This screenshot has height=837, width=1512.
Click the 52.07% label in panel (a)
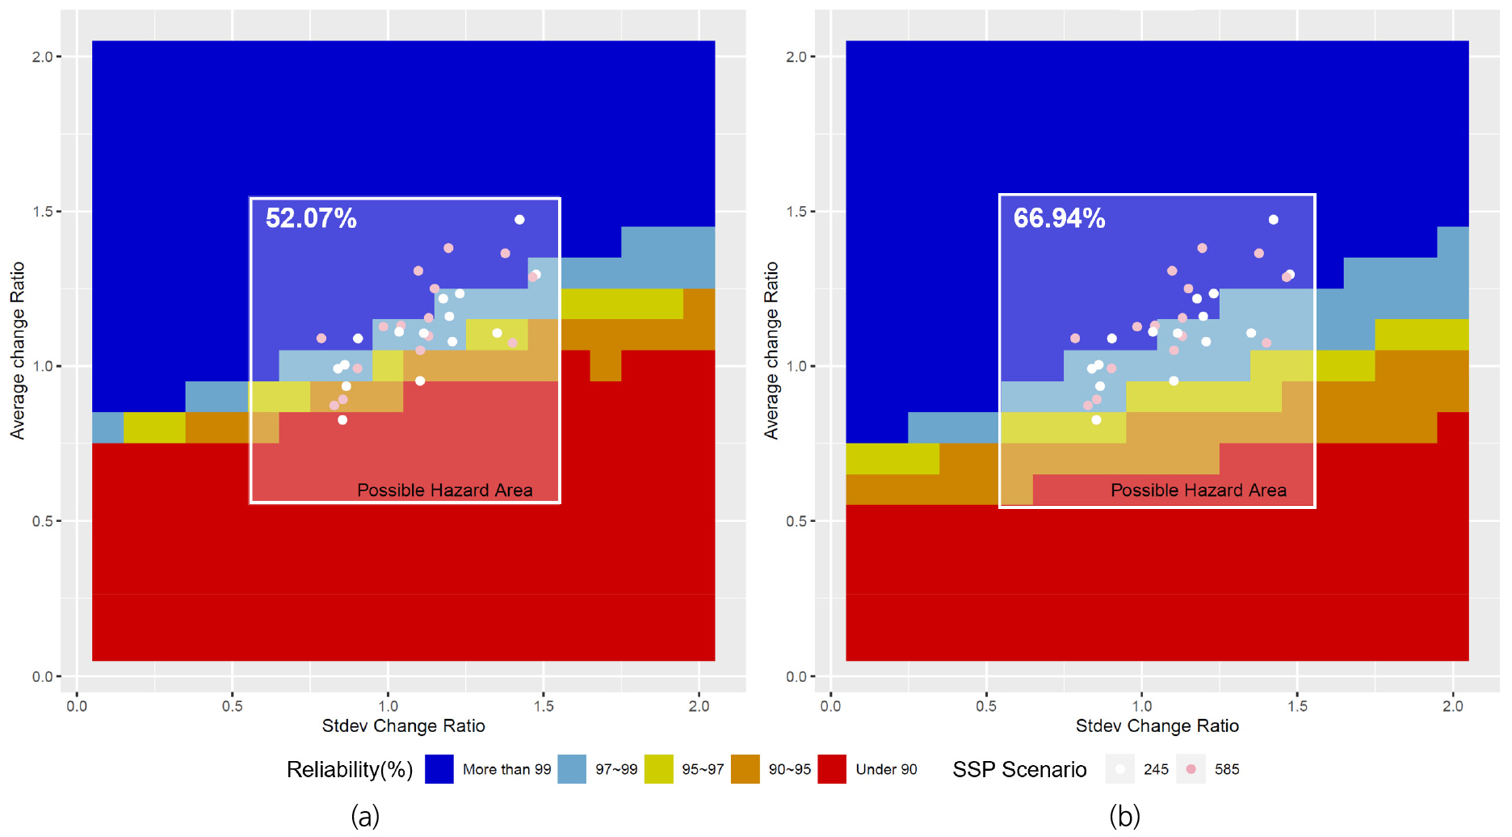pyautogui.click(x=311, y=218)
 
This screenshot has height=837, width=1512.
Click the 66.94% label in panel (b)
pyautogui.click(x=1059, y=218)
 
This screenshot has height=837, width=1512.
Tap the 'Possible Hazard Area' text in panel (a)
pyautogui.click(x=445, y=490)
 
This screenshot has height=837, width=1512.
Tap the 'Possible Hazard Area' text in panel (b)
pyautogui.click(x=1199, y=490)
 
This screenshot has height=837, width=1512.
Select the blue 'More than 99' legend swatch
pyautogui.click(x=439, y=769)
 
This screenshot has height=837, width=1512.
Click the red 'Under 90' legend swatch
pyautogui.click(x=832, y=769)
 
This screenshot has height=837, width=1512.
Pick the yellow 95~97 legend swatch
pyautogui.click(x=659, y=769)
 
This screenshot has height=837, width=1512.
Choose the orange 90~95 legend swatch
pyautogui.click(x=745, y=769)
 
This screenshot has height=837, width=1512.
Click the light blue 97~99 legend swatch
pyautogui.click(x=572, y=769)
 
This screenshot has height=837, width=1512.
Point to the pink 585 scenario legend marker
pyautogui.click(x=1191, y=769)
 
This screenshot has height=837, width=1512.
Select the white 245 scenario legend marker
pyautogui.click(x=1120, y=769)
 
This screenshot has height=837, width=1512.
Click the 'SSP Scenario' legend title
pyautogui.click(x=1019, y=769)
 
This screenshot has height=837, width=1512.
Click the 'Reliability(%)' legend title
pyautogui.click(x=350, y=770)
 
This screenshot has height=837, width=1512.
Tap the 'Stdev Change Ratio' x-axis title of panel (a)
pyautogui.click(x=404, y=726)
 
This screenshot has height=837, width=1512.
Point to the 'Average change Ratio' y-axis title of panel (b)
pyautogui.click(x=771, y=351)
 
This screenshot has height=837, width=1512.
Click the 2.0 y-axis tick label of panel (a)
pyautogui.click(x=42, y=57)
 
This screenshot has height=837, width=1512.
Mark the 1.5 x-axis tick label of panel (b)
pyautogui.click(x=1297, y=706)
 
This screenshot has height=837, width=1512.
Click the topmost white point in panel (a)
pyautogui.click(x=519, y=220)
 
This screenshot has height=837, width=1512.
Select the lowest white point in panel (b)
pyautogui.click(x=1096, y=420)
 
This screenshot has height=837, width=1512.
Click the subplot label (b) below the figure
pyautogui.click(x=1124, y=816)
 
